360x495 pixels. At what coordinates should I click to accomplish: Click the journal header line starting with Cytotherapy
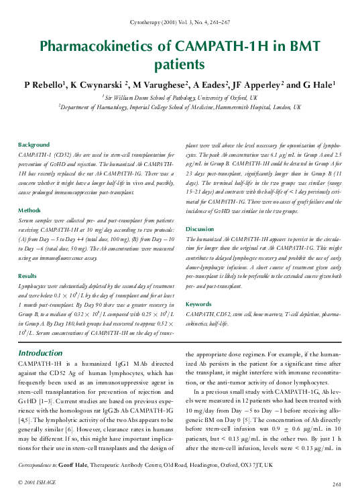tap(180, 23)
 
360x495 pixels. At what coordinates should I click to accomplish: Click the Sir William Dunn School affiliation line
tap(180, 96)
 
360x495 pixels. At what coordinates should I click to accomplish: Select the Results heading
tap(27, 275)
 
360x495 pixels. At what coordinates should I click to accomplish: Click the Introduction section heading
tap(40, 353)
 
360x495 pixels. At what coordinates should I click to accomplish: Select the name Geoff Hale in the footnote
tap(72, 464)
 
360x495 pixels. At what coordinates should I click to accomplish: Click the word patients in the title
tap(180, 64)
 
